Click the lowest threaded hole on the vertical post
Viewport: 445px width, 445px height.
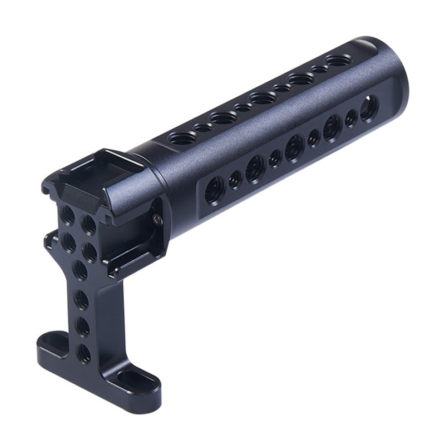84,353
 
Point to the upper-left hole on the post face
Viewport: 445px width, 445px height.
68,215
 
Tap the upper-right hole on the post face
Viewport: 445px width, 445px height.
88,225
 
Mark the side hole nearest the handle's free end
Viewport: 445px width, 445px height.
369,108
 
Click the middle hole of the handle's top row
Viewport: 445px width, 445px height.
261,98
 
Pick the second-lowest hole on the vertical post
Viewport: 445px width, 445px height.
83,327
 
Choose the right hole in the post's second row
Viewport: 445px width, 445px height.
90,253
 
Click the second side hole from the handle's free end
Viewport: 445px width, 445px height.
351,118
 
